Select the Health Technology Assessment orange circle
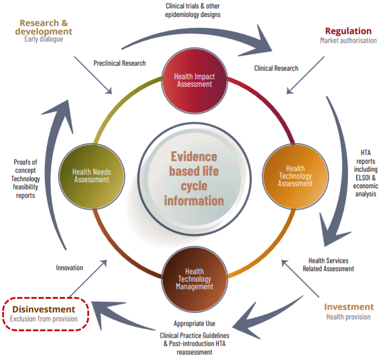pos(295,176)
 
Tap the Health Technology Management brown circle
pos(195,279)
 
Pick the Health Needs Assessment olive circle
pos(91,176)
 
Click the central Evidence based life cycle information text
pos(194,179)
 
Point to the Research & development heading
pos(44,27)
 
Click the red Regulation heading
pos(348,31)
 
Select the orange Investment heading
pos(349,307)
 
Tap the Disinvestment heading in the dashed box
pos(44,309)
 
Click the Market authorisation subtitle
pos(348,41)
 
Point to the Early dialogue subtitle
pos(44,39)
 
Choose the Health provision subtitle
pos(348,317)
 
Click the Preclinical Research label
pos(120,63)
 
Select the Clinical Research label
pos(276,68)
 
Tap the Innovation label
pos(70,267)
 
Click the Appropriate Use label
pos(195,324)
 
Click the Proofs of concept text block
pos(26,179)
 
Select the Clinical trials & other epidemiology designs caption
pos(193,10)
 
